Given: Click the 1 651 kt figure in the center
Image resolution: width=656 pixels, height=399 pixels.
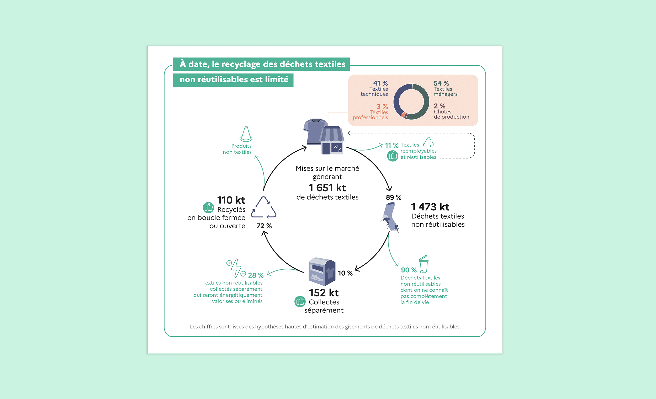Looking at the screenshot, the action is coord(327,188).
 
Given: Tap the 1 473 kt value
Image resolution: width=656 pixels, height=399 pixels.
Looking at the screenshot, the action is coord(430,207).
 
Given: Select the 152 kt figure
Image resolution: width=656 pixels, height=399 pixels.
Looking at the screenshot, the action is coord(324,293).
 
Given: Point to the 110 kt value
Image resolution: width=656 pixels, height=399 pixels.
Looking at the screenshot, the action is coord(231,200).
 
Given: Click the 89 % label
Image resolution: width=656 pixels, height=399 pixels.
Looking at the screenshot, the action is coord(394,198).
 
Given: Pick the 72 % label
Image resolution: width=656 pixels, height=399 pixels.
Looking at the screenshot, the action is coord(264,226).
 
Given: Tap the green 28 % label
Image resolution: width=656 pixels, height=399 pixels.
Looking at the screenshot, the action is coord(256,275).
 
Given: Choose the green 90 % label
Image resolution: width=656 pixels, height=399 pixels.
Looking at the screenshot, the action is coord(409,270).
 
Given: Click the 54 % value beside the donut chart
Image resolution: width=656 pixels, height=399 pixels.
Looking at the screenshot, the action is coord(441,83).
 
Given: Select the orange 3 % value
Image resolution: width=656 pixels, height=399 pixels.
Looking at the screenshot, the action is coord(382,107).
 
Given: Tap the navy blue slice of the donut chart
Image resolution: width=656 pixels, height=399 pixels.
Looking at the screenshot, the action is coord(397,98).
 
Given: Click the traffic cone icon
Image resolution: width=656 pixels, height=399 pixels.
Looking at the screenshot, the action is coord(246,134).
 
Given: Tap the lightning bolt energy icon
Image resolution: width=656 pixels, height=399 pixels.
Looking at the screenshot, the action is coord(236,268).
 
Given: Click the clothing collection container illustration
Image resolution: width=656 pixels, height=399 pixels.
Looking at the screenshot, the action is coord(322,272).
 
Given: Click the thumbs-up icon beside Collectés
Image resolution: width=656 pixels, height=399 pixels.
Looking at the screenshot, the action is coord(300,301).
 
